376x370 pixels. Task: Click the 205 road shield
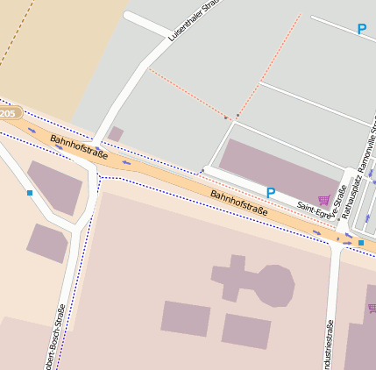9,114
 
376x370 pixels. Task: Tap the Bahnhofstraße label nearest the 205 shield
79,147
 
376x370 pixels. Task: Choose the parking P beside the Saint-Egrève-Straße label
271,192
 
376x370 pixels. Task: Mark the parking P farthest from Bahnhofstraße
361,30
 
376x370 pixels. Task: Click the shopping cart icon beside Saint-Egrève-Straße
324,199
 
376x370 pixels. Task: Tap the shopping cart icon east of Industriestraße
372,308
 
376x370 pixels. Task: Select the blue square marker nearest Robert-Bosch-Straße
30,192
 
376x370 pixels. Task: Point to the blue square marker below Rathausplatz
360,242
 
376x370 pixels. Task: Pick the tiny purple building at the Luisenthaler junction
116,134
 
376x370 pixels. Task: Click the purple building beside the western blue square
55,186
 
